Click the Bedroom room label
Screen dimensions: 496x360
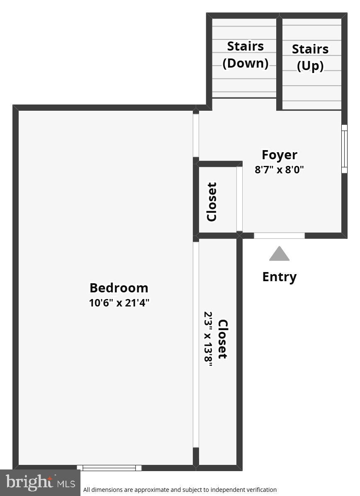pos(119,288)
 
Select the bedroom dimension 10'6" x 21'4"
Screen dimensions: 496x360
pos(119,303)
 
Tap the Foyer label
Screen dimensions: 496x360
pos(279,155)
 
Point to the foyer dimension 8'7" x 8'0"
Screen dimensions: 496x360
pos(279,170)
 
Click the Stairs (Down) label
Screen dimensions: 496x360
pos(245,55)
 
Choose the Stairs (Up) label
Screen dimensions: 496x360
pos(310,57)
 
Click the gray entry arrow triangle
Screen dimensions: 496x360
pos(279,254)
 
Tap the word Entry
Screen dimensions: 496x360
pos(279,277)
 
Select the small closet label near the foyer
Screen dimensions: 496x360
pos(212,202)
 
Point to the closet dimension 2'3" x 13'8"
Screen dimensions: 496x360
pos(208,339)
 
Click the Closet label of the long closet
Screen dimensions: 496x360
pos(223,339)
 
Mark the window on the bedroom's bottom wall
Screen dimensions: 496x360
pos(109,468)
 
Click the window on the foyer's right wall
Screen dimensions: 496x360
pos(344,149)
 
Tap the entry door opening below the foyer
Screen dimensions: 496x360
pos(279,236)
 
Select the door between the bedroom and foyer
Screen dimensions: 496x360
pos(196,136)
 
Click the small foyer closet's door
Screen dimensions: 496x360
pos(239,199)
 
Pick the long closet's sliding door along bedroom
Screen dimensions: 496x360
pos(196,344)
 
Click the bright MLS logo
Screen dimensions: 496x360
pos(40,483)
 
